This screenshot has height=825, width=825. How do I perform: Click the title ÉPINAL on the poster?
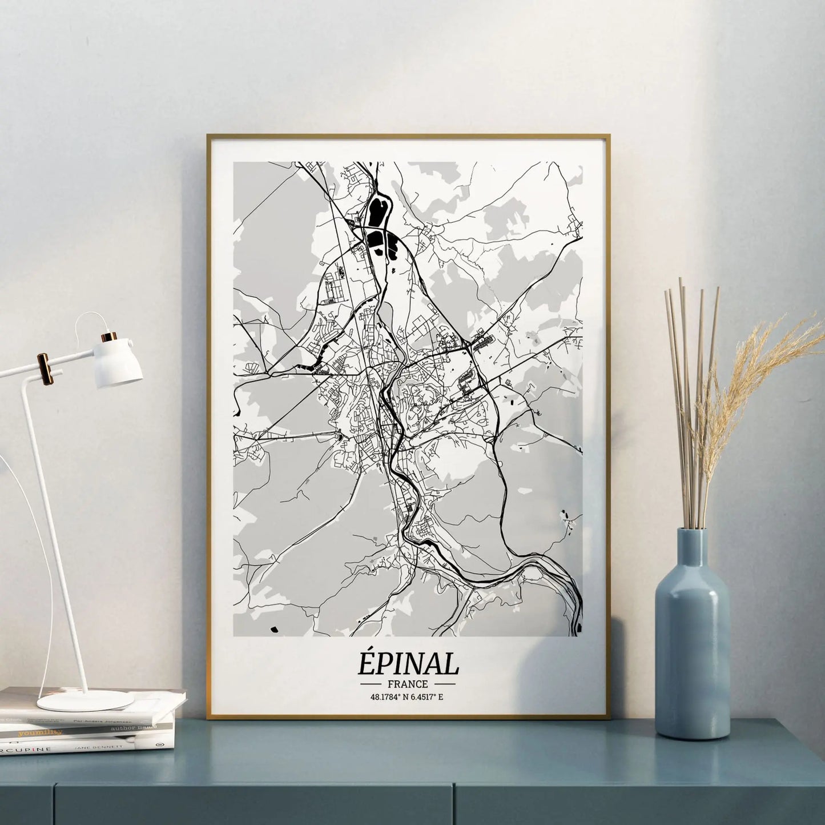(409, 664)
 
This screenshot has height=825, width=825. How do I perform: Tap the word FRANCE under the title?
(408, 683)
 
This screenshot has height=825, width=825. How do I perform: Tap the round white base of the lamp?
(86, 700)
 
